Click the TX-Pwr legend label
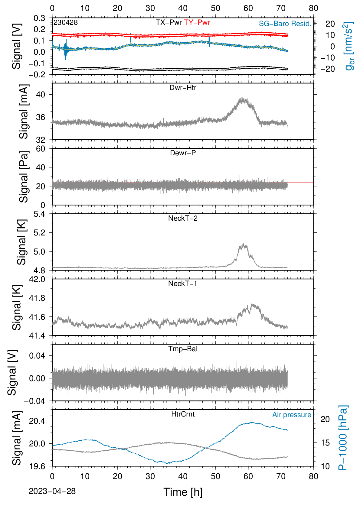pos(169,22)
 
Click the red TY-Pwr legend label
pos(197,22)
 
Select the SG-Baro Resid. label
pos(285,24)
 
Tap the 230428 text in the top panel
pos(66,22)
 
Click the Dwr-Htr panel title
pos(183,88)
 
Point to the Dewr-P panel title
pos(183,153)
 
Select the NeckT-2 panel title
pos(183,218)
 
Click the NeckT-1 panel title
pos(183,283)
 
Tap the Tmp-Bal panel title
pos(183,349)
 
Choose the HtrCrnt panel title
pos(183,414)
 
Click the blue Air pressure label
pos(292,415)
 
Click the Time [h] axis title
pos(183,492)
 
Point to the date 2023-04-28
pos(52,491)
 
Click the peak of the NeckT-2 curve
pos(243,244)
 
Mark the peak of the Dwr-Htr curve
pos(242,98)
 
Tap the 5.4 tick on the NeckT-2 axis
pos(39,214)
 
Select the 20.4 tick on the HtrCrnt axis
pos(37,421)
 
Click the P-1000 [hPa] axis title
pos(343,438)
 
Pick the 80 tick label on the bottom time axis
pos(313,476)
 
